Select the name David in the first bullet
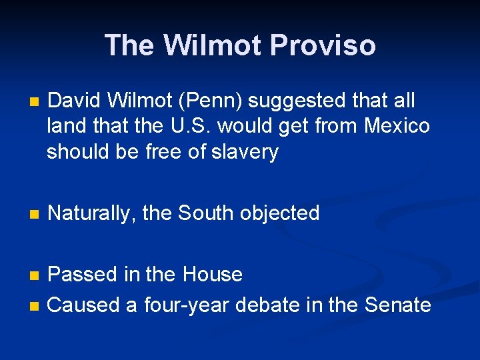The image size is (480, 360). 77,101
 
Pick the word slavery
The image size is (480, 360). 244,152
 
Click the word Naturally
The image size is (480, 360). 91,213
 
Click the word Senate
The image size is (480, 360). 398,305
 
